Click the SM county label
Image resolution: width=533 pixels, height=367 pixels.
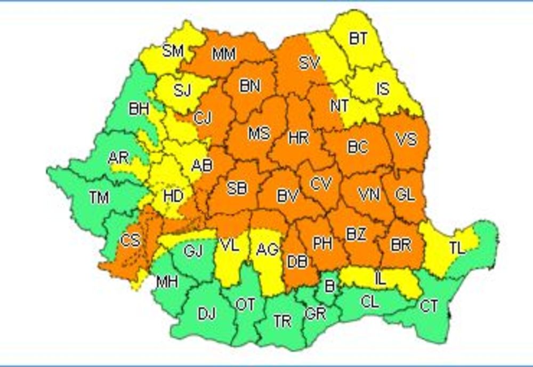coord(173,51)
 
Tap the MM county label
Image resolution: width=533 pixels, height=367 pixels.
coord(224,54)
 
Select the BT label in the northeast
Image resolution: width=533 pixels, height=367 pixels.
coord(358,38)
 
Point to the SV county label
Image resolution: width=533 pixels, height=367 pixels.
coord(309,63)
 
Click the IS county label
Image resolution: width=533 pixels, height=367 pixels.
coord(383,88)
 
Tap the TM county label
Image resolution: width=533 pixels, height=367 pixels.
coord(99,198)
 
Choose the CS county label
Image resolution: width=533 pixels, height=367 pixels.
coord(130,240)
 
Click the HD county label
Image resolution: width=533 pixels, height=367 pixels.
coord(173,196)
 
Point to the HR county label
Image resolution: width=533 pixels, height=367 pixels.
coord(298,138)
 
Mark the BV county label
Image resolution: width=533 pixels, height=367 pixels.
coord(287,196)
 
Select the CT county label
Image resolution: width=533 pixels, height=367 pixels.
coord(429,306)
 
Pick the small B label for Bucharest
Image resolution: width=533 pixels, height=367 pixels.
coord(329,286)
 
